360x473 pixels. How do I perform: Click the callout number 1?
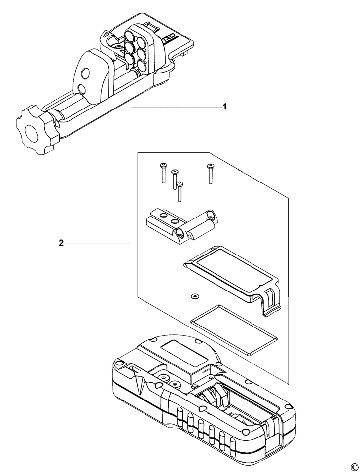point(225,107)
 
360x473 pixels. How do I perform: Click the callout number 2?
point(61,243)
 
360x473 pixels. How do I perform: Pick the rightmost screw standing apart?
point(210,174)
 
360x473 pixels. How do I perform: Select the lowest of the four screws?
point(180,192)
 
